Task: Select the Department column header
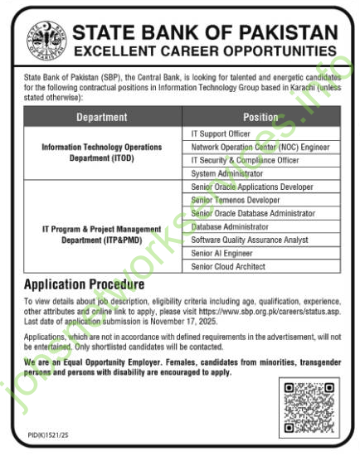[x=101, y=117]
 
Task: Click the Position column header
[x=260, y=117]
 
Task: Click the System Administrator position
[x=226, y=173]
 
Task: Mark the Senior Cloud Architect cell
[x=227, y=266]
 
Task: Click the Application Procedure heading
[x=84, y=284]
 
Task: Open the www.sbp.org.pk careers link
[x=274, y=307]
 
